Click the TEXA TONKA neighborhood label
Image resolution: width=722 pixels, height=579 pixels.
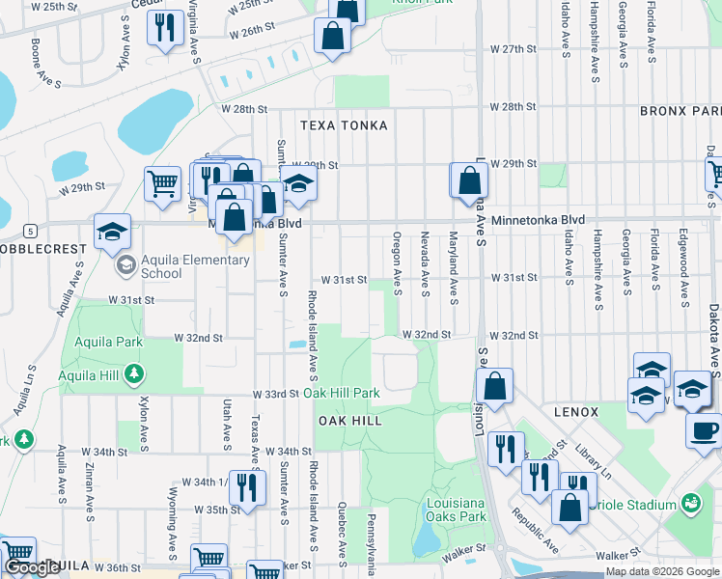pyautogui.click(x=344, y=125)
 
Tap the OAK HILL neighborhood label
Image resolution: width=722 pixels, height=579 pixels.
pyautogui.click(x=350, y=421)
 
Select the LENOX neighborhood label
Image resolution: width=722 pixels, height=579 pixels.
pyautogui.click(x=577, y=411)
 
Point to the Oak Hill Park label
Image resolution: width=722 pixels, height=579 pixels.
pyautogui.click(x=342, y=394)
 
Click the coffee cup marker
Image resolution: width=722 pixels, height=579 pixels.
pyautogui.click(x=705, y=429)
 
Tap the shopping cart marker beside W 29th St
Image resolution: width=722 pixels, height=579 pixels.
pyautogui.click(x=163, y=182)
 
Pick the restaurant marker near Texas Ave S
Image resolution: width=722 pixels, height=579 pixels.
pyautogui.click(x=248, y=486)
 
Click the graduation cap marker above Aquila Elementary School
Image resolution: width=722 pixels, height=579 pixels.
pyautogui.click(x=113, y=231)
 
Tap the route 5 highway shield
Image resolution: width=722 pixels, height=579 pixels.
pyautogui.click(x=31, y=231)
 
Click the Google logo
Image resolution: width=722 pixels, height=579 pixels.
pyautogui.click(x=32, y=567)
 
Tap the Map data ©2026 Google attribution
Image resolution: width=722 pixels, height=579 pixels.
pyautogui.click(x=661, y=571)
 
